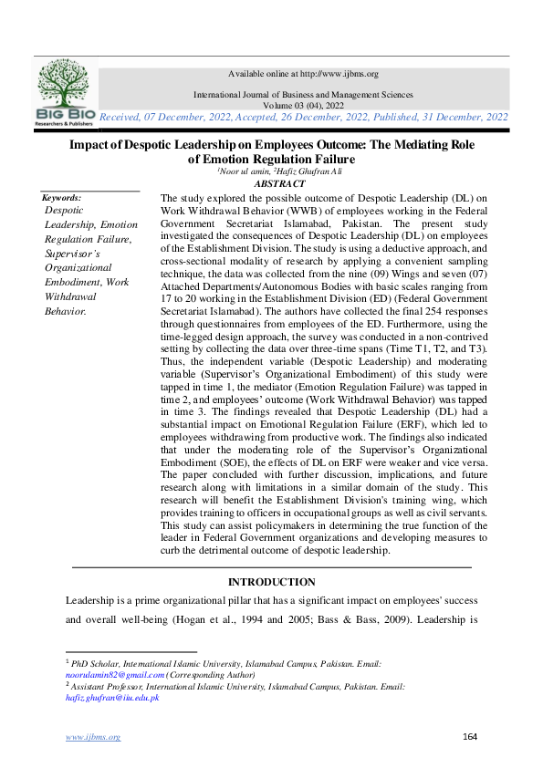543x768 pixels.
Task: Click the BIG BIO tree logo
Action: tap(66, 88)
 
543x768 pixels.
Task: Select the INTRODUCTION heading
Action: tap(271, 582)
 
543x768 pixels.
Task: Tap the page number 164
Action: tap(470, 736)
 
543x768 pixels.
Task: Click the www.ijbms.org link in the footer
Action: tap(92, 736)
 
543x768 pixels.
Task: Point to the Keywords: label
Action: tap(62, 197)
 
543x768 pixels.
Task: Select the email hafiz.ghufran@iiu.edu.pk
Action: tap(112, 697)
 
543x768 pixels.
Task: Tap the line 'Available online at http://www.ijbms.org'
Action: tap(303, 74)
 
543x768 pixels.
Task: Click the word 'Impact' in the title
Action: tap(90, 145)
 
